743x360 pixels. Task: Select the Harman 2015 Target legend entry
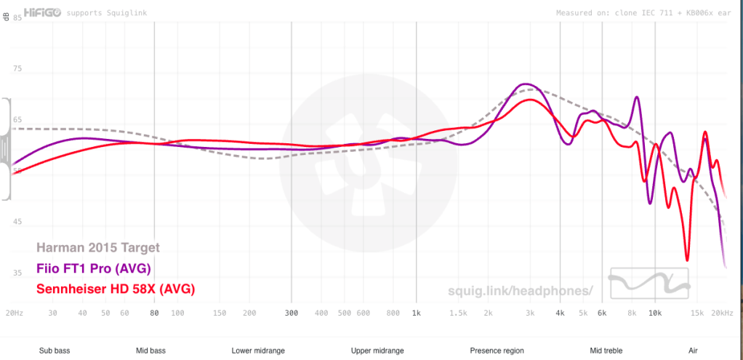point(97,248)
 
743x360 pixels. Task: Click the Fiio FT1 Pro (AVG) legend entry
point(94,268)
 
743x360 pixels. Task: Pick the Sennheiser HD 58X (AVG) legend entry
point(116,289)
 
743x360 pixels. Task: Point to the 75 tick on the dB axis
point(17,69)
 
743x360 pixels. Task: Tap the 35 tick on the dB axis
point(17,273)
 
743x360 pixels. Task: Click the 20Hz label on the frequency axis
point(14,313)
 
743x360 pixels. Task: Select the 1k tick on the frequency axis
point(416,313)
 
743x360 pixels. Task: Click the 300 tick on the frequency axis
point(291,313)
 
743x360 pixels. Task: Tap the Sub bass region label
point(55,351)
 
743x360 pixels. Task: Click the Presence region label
point(497,351)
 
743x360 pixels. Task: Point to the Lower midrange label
point(258,351)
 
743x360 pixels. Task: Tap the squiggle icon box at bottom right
point(648,284)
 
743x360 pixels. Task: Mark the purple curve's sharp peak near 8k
point(637,97)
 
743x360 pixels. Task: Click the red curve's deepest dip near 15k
point(686,260)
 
